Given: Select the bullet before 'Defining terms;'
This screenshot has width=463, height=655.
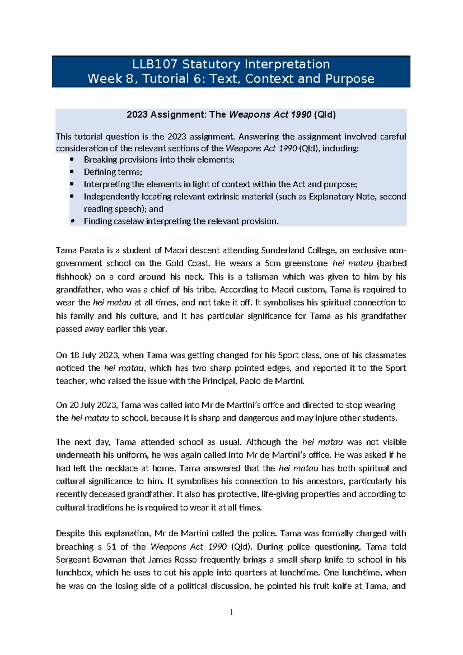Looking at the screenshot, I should click(72, 172).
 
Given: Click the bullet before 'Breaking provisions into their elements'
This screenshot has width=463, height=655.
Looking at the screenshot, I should click(72, 160).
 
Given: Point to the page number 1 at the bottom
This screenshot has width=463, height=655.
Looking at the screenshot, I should click(231, 612).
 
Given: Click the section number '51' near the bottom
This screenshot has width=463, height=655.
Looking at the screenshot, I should click(112, 546).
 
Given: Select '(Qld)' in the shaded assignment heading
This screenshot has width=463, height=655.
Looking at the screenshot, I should click(325, 115).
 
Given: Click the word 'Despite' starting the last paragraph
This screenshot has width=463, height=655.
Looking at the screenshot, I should click(70, 533).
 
